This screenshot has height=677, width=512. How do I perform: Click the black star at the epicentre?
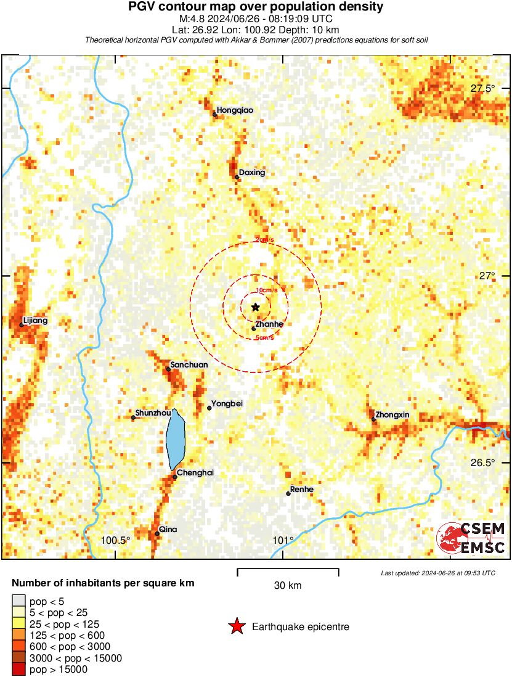coord(256,307)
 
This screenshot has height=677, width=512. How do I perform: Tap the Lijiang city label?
coord(35,321)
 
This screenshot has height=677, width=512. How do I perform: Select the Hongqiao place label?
coord(235,110)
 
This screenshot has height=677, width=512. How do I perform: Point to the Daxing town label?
coord(251,173)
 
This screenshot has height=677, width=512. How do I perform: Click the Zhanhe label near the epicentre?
coord(269,324)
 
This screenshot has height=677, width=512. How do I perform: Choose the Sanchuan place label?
coord(189,364)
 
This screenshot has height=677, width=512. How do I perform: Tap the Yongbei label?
coord(227,404)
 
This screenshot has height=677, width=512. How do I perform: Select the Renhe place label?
coord(301,490)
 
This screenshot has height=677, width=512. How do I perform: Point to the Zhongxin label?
coord(392,415)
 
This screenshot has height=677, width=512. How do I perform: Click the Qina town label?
coord(168,529)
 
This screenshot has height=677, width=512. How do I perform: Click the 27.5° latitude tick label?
coord(482,88)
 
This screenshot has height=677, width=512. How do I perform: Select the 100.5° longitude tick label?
coord(116,541)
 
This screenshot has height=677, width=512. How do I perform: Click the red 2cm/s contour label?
coord(265,240)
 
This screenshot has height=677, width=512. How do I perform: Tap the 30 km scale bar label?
coord(288,585)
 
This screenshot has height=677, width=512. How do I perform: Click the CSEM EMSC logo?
coord(471,538)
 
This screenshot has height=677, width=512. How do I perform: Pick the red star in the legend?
coord(237,627)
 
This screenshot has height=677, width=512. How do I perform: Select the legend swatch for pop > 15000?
coord(18,669)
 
